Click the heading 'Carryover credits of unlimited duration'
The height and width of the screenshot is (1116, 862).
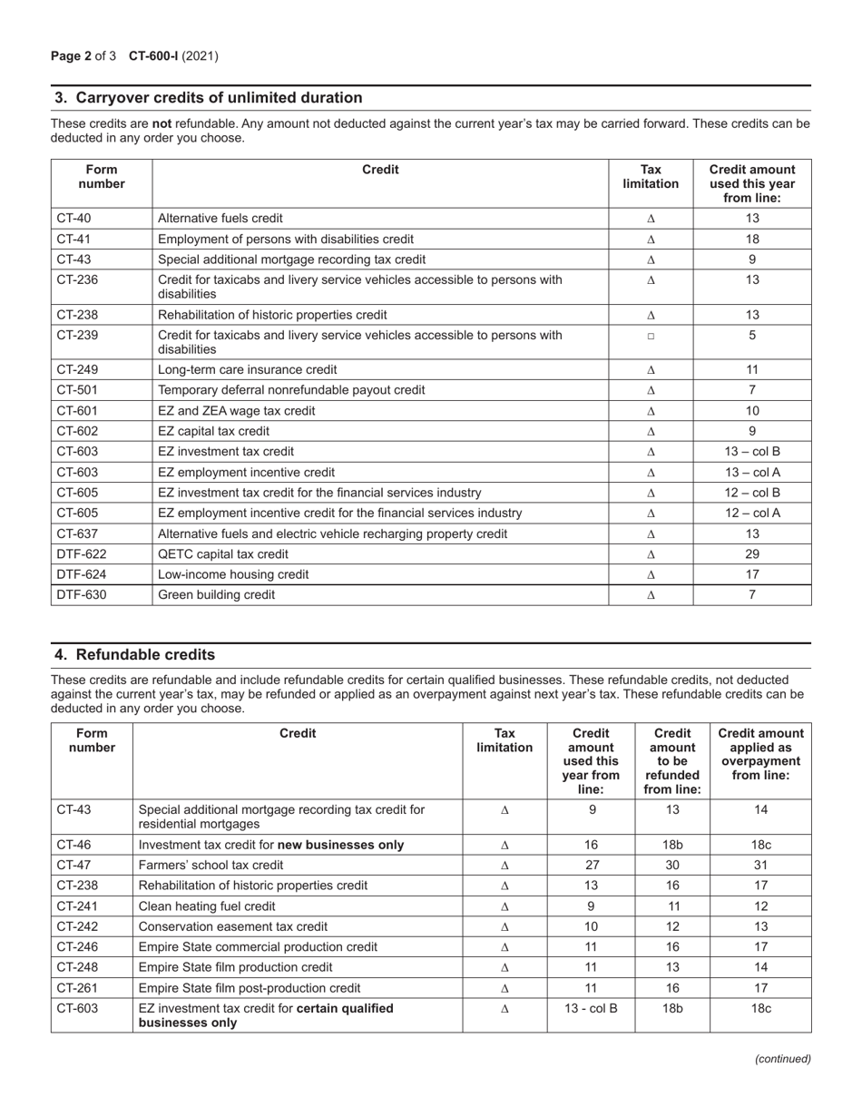208,98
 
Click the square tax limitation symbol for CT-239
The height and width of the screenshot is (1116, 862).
651,336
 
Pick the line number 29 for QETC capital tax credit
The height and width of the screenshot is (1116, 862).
752,554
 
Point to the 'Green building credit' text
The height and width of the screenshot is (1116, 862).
217,595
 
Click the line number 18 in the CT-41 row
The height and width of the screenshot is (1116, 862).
752,240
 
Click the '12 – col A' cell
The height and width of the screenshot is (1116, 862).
752,514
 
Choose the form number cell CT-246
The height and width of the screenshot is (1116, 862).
74,946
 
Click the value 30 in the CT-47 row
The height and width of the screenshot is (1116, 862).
672,865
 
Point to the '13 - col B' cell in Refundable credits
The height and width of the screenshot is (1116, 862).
591,1008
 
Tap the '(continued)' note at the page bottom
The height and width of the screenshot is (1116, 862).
783,1058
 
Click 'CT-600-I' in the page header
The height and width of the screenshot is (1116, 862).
153,56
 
